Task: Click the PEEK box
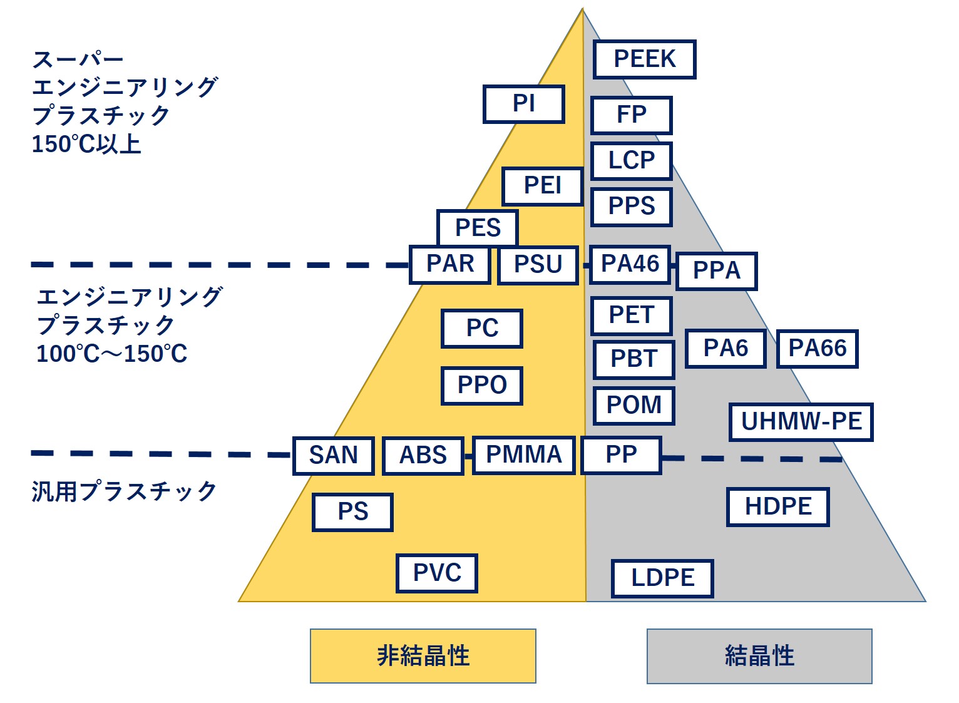coord(644,59)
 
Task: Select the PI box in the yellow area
coord(523,104)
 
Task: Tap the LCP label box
coord(631,161)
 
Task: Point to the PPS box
coord(631,207)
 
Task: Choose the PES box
coord(477,228)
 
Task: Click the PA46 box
coord(630,264)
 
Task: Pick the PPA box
coord(716,271)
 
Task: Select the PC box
coord(481,328)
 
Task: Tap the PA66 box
coord(817,348)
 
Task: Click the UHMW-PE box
coord(801,422)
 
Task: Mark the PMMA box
coord(523,455)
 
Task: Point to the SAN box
coord(333,455)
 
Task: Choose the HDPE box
coord(777,506)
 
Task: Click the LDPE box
coord(662,578)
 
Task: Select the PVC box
coord(436,573)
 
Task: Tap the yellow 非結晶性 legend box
coord(423,655)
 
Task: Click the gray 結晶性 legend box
coord(759,655)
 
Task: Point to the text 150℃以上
coord(86,144)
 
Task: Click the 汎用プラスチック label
coord(124,491)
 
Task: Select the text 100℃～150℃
coord(111,354)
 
